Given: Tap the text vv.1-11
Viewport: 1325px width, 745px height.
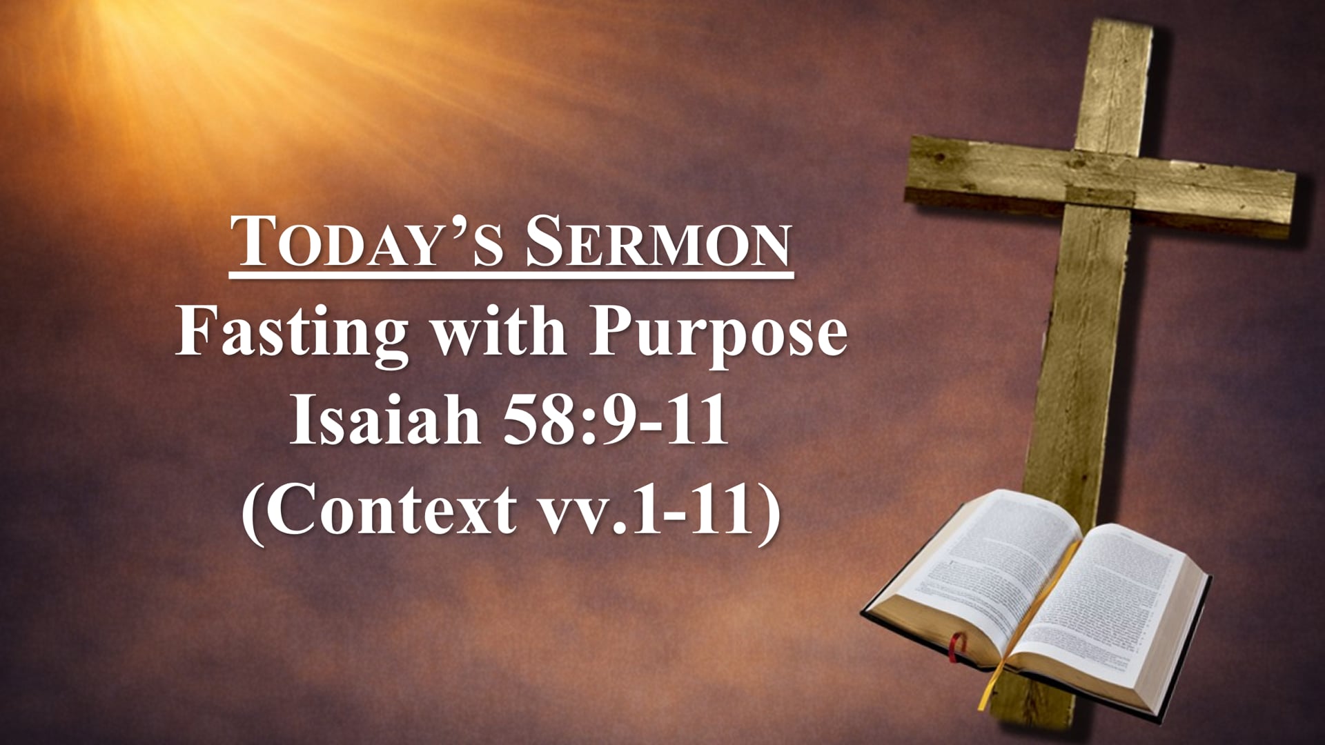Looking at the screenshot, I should click(649, 510).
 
